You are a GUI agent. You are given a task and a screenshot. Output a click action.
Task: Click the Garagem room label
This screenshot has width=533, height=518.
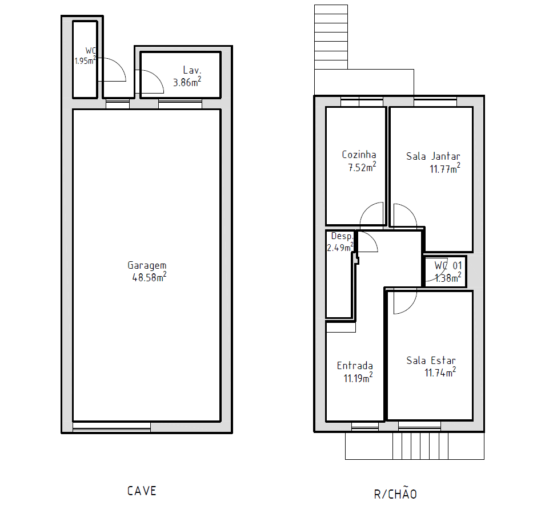click(x=147, y=265)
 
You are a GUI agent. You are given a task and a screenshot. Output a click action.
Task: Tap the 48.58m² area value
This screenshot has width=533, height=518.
click(x=149, y=277)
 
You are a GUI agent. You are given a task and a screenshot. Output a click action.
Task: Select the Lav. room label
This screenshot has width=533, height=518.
click(x=192, y=70)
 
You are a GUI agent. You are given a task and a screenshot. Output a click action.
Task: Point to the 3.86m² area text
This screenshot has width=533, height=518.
click(x=187, y=82)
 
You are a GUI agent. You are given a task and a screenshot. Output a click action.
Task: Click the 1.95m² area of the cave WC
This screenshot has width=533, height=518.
click(x=85, y=60)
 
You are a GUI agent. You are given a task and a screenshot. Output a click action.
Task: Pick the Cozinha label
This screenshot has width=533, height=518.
click(x=359, y=155)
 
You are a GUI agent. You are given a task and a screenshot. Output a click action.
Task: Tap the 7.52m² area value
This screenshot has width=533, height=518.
click(x=362, y=167)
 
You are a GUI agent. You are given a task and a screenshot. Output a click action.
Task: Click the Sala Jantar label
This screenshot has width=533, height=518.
click(x=433, y=156)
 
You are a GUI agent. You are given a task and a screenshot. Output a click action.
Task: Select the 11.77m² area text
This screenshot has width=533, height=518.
click(x=444, y=168)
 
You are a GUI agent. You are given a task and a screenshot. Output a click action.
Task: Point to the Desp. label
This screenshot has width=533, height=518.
click(x=342, y=236)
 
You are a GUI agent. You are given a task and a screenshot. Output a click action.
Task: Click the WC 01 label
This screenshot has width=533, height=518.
click(x=447, y=266)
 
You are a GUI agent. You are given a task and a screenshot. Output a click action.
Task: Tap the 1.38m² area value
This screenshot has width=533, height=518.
click(x=447, y=278)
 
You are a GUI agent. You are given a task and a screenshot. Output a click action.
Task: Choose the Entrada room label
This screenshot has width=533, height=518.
click(x=355, y=366)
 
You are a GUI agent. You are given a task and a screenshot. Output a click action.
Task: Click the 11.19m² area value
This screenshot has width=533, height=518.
click(x=358, y=378)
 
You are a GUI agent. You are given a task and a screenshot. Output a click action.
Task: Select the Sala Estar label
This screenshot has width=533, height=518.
click(x=431, y=361)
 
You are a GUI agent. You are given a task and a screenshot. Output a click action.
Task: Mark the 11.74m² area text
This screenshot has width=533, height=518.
click(x=439, y=373)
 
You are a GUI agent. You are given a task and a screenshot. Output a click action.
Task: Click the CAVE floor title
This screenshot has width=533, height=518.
click(x=141, y=491)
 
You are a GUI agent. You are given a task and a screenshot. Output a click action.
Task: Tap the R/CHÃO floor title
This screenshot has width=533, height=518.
click(x=395, y=493)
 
